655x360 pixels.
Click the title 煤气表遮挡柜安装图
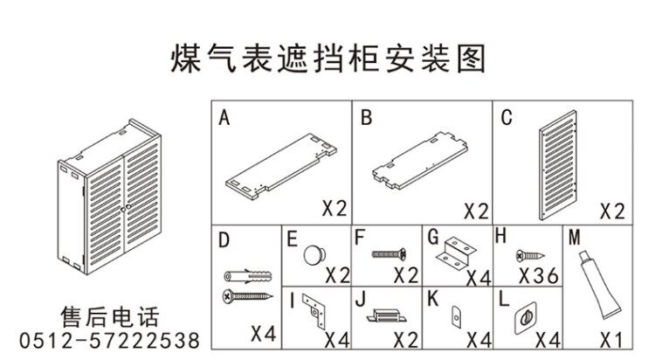[x=327, y=59]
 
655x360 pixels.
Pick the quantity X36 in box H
[x=539, y=277]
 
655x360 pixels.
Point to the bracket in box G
[x=456, y=253]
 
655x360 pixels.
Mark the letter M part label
[x=574, y=236]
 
